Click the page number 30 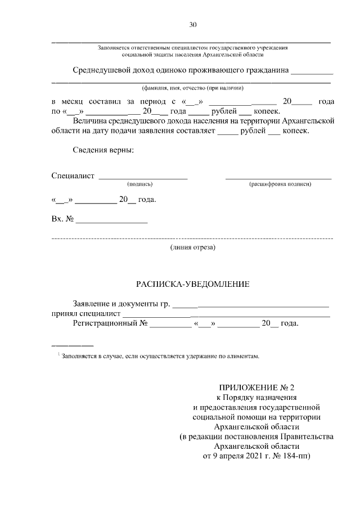(192, 24)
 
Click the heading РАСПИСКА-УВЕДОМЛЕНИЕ (192, 284)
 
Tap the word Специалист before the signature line (73, 177)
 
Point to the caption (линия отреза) (192, 247)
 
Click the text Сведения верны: (103, 151)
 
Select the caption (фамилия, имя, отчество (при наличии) (192, 88)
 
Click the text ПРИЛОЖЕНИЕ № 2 (256, 388)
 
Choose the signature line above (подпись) (143, 178)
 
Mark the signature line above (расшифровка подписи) (278, 178)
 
